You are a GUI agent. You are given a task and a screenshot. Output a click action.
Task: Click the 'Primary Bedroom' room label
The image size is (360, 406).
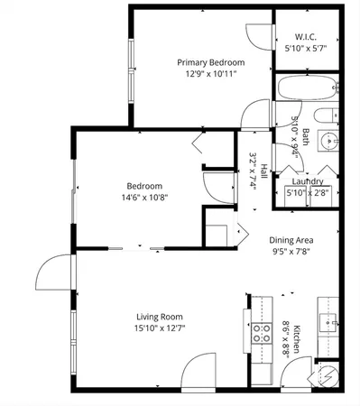point(210,62)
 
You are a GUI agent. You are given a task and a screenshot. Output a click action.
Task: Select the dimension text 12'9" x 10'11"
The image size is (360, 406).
point(210,75)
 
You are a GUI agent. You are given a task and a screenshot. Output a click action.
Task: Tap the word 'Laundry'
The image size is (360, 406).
point(308,180)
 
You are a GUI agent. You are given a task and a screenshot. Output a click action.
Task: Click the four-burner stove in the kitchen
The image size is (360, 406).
point(261,335)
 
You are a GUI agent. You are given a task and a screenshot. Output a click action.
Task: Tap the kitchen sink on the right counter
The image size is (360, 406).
point(329,322)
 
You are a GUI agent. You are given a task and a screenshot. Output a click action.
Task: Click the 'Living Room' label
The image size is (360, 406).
point(160,316)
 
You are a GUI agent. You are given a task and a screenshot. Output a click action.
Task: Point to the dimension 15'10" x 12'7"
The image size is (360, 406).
point(160,328)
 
